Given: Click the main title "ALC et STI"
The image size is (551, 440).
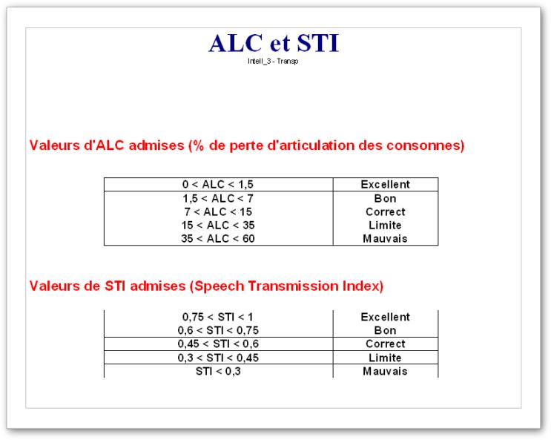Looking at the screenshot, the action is coord(274,43).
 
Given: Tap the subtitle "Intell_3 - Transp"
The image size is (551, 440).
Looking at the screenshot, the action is coord(273,61).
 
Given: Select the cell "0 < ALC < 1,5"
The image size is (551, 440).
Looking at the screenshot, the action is coord(218,184).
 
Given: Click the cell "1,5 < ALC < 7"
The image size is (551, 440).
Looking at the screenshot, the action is coord(218,198).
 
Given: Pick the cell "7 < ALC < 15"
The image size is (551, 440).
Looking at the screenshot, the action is coord(218,211).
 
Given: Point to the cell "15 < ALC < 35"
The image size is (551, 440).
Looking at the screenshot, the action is coord(218,225).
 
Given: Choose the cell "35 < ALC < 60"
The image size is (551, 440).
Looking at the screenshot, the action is coord(218,238).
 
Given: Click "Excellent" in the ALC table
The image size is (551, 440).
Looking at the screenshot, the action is coord(386,184).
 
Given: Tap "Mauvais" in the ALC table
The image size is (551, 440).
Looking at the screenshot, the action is coord(385,238).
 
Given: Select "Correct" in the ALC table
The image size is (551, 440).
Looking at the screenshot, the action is coord(386,211).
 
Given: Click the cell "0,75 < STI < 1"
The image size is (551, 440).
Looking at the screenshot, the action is coord(218,317).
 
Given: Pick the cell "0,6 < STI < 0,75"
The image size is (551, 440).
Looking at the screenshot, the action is coord(218,330).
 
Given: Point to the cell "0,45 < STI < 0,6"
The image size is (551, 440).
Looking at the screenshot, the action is coord(218,344).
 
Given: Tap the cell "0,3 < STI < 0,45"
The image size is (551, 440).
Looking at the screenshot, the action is coord(218,358).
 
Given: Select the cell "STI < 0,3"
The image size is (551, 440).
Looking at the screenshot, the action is coord(218,371).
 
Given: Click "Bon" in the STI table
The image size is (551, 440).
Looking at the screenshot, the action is coord(385,330).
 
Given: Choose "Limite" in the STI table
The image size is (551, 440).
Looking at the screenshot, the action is coord(385,358).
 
